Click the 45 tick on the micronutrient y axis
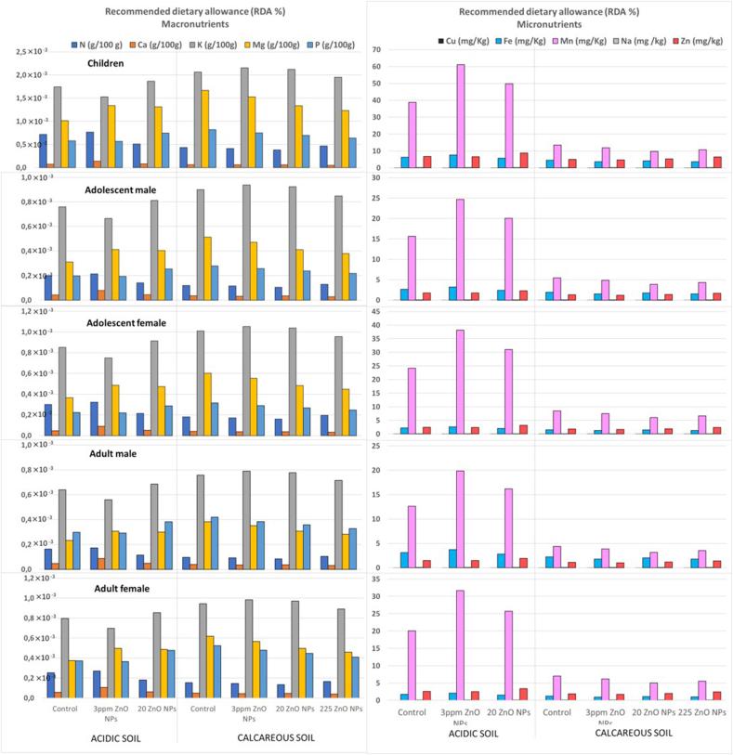[377, 312]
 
